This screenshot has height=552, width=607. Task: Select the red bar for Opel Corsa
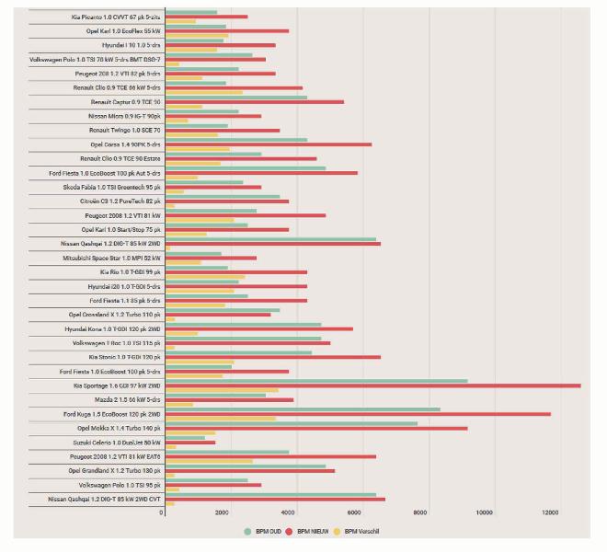267,144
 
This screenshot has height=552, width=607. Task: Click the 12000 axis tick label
551,512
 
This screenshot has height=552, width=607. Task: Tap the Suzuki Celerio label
125,443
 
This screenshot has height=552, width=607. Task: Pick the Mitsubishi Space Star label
118,259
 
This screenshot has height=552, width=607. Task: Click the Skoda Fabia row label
117,188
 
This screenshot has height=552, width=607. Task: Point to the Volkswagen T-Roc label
117,343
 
